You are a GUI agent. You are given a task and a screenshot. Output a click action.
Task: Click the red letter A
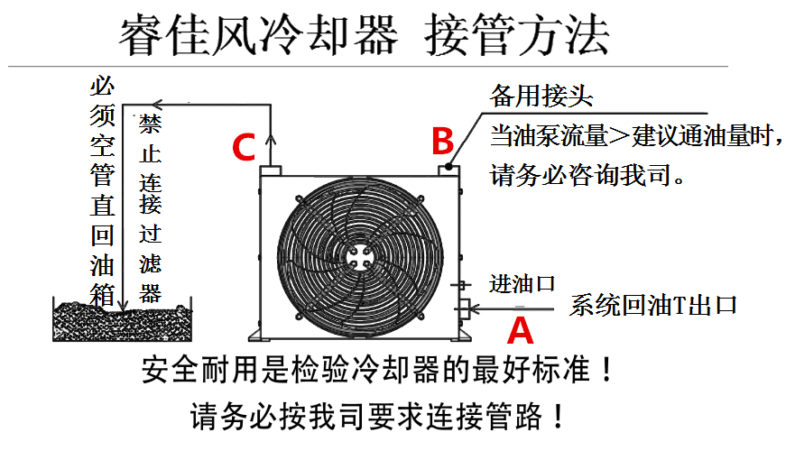coord(520,330)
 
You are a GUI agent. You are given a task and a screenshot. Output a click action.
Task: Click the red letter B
coord(441,141)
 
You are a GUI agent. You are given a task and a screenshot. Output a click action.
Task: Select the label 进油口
coord(522,284)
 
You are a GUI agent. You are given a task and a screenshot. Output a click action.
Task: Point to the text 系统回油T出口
coord(653,305)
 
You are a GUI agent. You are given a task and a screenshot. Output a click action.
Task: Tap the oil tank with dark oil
coord(122,320)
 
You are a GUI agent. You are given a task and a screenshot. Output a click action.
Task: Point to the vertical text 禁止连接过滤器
coord(150,207)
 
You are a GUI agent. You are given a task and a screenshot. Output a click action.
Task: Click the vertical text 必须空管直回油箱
coord(102,189)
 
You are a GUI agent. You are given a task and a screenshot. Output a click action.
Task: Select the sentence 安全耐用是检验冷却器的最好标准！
coord(379,371)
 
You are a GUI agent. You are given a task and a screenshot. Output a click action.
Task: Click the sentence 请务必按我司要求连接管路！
coord(379,416)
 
